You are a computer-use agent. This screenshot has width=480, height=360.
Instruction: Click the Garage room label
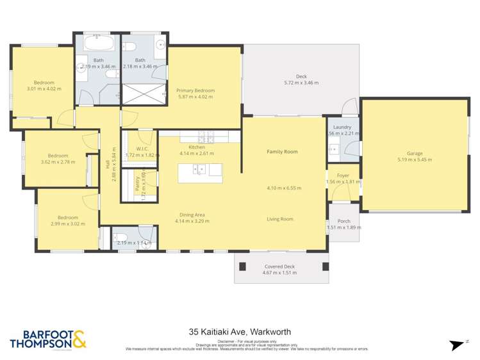[415, 154]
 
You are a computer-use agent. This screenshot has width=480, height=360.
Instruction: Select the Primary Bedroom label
[195, 91]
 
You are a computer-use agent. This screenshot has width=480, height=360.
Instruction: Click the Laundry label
[342, 127]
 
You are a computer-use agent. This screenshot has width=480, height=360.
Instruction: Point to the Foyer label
[343, 175]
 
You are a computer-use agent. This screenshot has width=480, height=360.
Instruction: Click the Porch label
[343, 221]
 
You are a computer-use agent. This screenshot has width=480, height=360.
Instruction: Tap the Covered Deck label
[280, 266]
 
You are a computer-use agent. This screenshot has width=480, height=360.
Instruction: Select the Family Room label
[282, 152]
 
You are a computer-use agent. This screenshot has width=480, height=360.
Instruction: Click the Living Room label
[280, 219]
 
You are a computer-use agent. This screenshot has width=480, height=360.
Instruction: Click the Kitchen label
[188, 147]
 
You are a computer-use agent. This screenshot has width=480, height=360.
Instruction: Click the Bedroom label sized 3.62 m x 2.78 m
[58, 156]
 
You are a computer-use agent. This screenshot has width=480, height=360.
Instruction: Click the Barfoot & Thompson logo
[48, 340]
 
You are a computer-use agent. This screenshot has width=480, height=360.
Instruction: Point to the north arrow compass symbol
[457, 345]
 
